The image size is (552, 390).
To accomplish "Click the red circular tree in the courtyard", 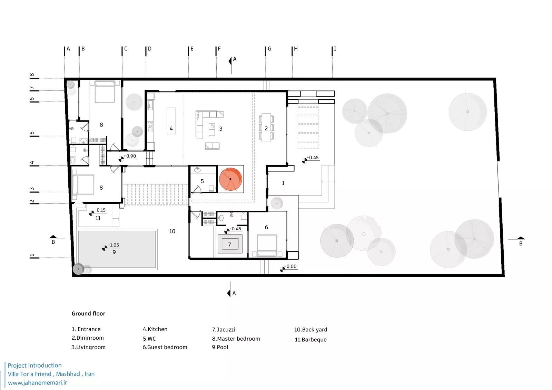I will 230,179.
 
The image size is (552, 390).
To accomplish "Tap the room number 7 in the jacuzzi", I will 229,244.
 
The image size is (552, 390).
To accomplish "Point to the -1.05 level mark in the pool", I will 114,245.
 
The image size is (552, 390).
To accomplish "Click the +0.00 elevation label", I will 291,267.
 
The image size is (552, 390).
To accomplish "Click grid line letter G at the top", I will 269,49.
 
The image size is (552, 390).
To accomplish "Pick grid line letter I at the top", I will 335,49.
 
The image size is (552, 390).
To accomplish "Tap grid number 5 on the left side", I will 32,133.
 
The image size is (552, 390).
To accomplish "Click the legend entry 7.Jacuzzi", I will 224,330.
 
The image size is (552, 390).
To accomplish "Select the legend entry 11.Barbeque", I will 310,340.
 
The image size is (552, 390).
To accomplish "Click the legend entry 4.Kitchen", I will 155,329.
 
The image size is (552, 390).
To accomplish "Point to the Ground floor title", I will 88,313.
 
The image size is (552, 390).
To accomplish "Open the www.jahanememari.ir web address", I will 37,383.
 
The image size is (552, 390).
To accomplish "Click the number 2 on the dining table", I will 266,129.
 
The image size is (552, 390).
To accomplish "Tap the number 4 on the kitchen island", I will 171,129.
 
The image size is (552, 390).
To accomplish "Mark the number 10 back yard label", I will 172,231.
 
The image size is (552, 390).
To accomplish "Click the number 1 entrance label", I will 283,183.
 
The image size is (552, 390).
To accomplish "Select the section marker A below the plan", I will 234,293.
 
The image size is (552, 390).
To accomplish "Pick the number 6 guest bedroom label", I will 266,227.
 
